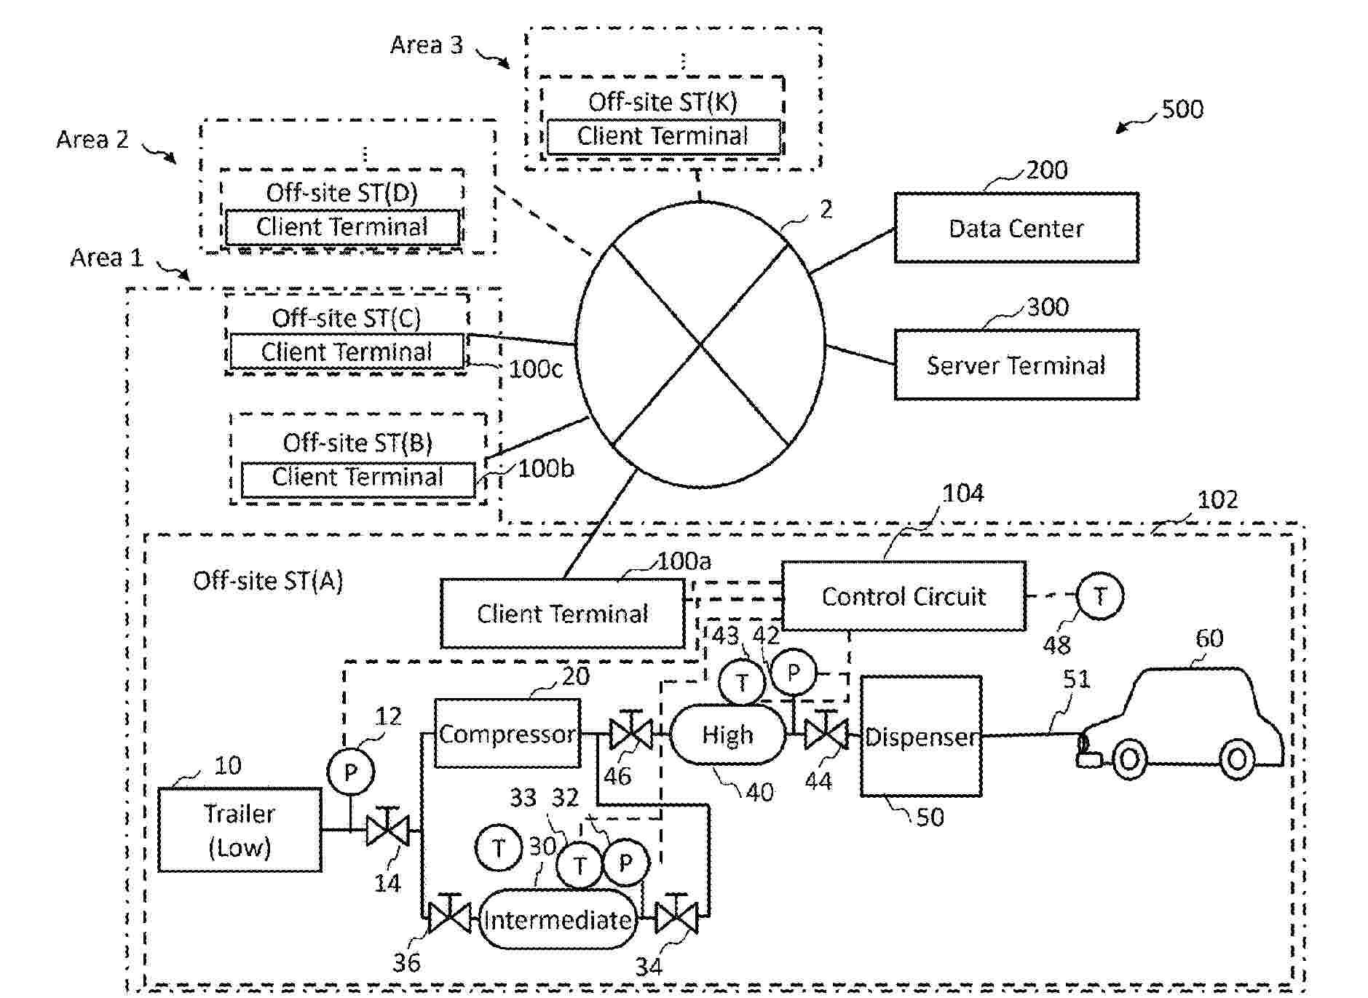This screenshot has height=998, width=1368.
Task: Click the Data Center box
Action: pos(1016,228)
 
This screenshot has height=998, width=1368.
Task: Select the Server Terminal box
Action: pos(1016,365)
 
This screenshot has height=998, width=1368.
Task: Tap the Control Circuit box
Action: pos(904,596)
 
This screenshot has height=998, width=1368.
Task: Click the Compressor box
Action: pos(507,734)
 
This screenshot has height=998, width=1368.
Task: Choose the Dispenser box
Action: pos(921,737)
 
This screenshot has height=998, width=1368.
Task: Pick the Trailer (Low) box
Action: pos(240,830)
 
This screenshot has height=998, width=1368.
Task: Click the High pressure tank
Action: pos(727,735)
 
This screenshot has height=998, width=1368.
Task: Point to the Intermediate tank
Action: pos(558,919)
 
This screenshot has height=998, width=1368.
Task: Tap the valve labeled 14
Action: pos(387,830)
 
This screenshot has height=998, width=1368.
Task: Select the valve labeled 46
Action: pos(630,734)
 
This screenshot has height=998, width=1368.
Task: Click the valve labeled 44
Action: pos(826,734)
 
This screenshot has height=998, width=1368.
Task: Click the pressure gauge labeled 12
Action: pos(351,772)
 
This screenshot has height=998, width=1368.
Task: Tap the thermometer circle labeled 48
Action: pos(1099,596)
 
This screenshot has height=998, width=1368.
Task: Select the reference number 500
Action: pos(1182,109)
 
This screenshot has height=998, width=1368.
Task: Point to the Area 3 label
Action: pos(427,45)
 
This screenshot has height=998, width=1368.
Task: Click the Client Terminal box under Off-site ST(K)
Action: pos(663,136)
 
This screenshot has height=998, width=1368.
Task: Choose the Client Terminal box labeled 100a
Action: pos(562,614)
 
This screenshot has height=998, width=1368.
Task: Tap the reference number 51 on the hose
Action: pos(1076,679)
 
